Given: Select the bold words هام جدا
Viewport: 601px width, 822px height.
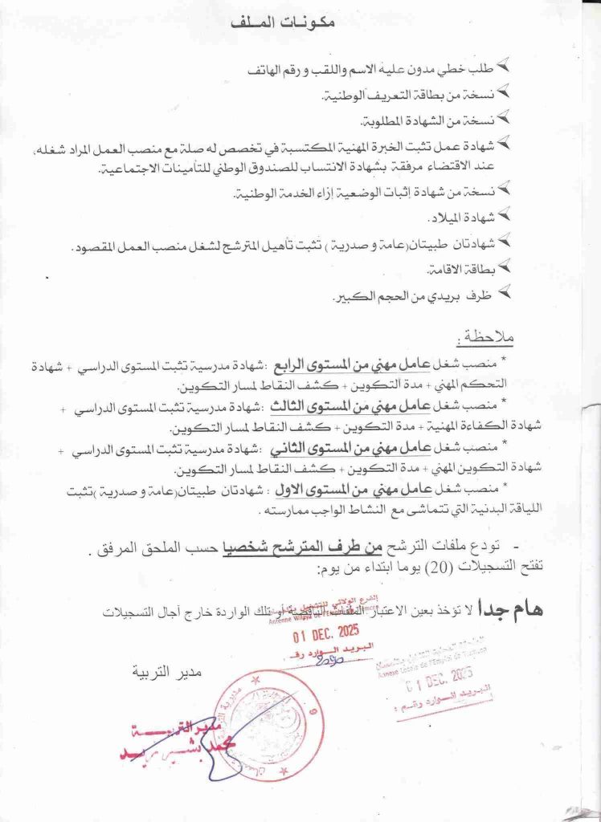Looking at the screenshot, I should [511, 608].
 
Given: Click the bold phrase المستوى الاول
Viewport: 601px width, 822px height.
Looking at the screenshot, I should [352, 487].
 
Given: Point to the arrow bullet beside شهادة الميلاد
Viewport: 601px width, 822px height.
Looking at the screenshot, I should [504, 214].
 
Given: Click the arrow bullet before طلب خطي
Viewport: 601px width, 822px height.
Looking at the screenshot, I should [504, 65].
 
